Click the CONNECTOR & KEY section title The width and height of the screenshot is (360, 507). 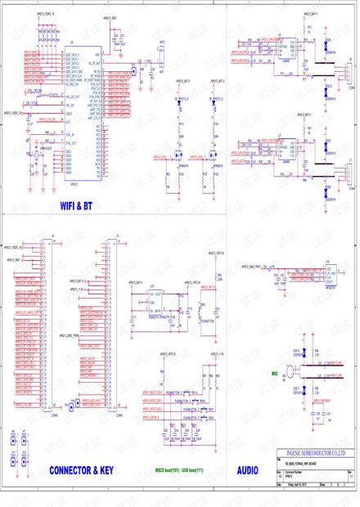point(81,470)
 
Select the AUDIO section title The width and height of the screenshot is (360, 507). point(246,470)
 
